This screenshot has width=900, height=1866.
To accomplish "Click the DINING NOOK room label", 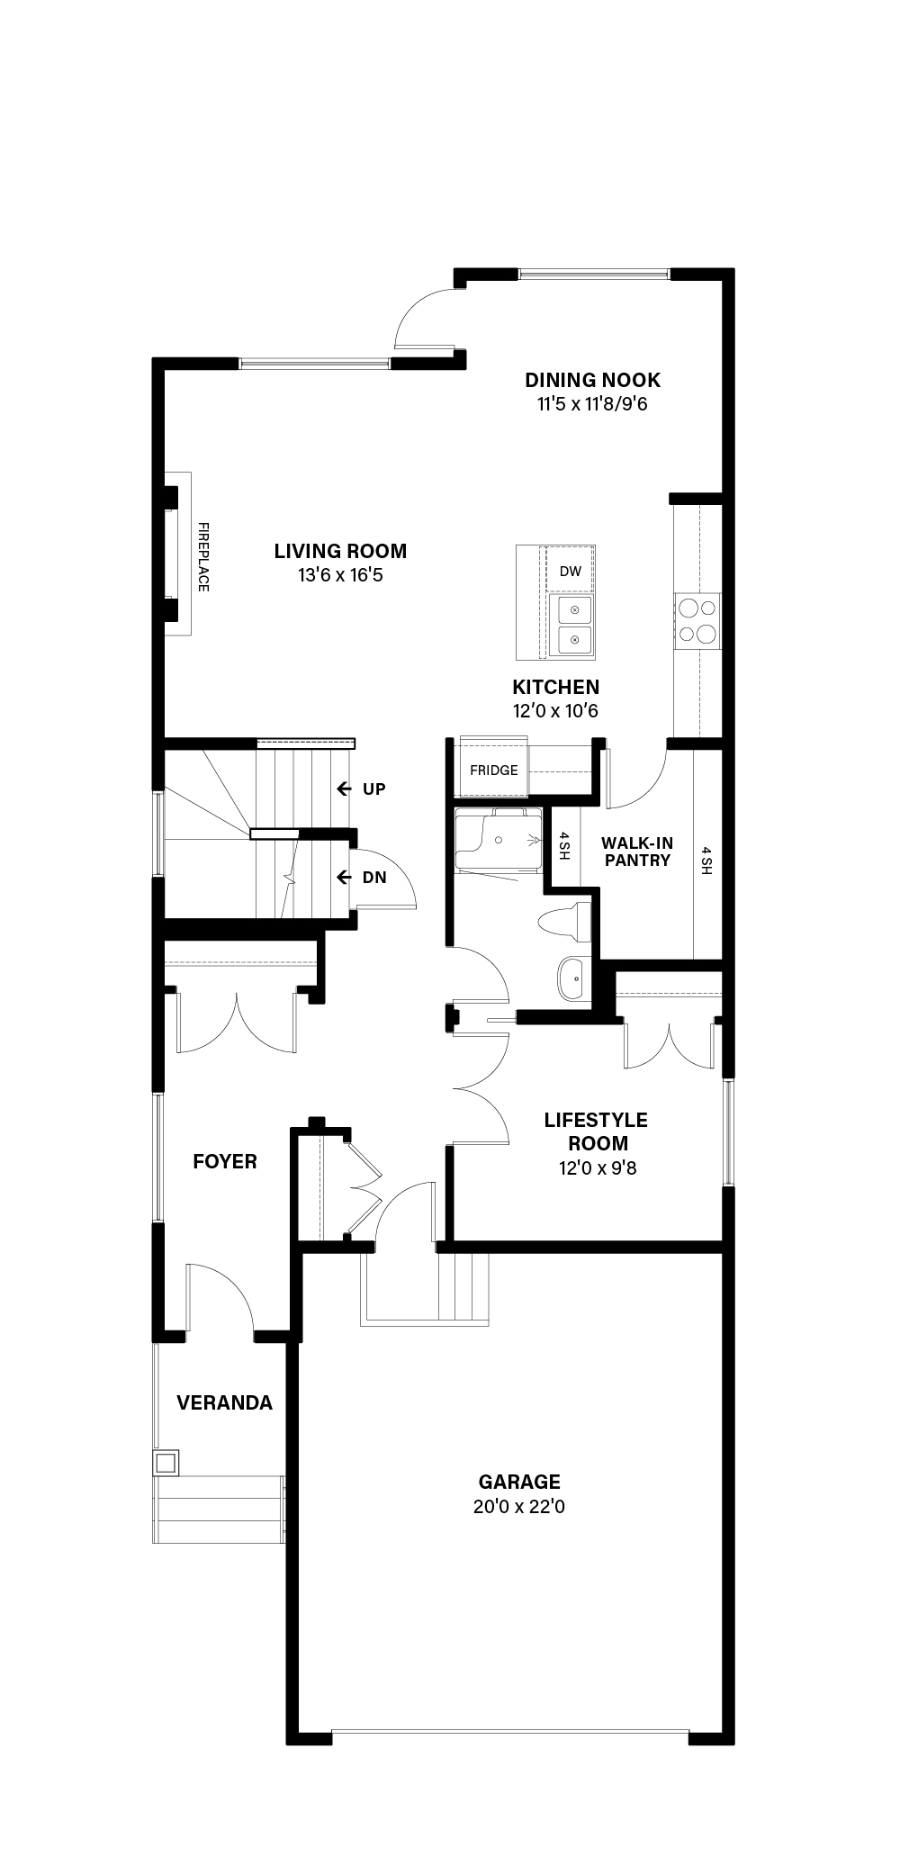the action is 592,380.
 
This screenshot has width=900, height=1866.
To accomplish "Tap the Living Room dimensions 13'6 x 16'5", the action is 340,574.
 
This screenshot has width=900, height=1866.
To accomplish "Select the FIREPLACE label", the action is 203,557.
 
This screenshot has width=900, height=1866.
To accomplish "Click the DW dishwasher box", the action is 570,571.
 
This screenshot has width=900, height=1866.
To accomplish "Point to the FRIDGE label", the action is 494,771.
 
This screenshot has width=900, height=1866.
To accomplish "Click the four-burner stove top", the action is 698,621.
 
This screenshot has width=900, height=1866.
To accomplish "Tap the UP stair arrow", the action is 344,789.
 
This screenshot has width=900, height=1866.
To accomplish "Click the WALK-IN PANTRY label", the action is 637,852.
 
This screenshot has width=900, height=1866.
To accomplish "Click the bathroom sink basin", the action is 571,979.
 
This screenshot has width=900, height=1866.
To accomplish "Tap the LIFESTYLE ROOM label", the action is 596,1131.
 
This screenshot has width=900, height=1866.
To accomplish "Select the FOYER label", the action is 225,1161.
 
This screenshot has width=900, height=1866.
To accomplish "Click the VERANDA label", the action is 224,1402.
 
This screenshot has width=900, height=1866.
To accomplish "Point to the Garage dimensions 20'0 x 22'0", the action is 519,1506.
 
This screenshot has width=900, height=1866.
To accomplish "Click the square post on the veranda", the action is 166,1461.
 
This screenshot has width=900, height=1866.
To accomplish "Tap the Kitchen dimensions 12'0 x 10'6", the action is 556,711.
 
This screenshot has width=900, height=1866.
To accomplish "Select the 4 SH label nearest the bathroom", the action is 563,846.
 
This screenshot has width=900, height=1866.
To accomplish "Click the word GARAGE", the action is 519,1482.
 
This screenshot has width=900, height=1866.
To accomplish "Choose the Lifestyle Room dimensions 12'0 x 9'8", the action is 598,1169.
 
